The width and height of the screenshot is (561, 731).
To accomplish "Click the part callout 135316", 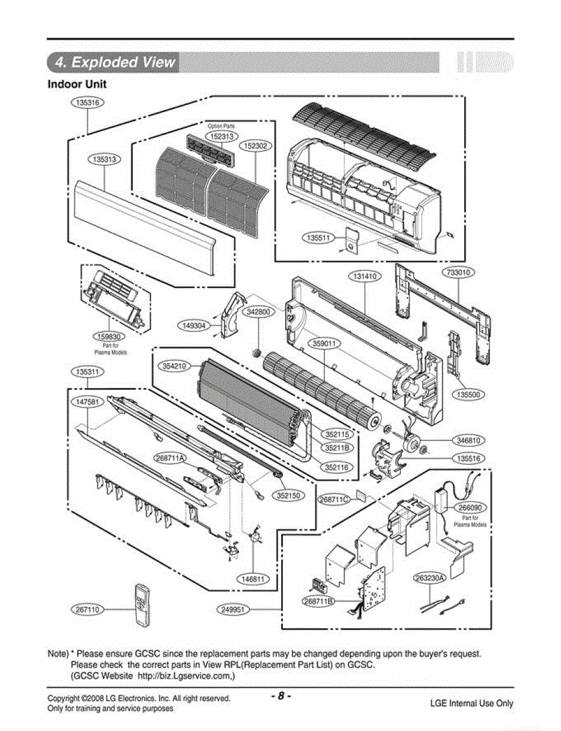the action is pyautogui.click(x=88, y=102).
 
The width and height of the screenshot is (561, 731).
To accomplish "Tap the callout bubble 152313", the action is pyautogui.click(x=221, y=136).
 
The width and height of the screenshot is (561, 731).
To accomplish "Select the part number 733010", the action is pyautogui.click(x=459, y=272).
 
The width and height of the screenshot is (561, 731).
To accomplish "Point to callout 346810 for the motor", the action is pyautogui.click(x=469, y=440).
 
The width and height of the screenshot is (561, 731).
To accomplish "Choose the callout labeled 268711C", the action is pyautogui.click(x=334, y=500).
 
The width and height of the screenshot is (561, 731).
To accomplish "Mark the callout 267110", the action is pyautogui.click(x=88, y=609).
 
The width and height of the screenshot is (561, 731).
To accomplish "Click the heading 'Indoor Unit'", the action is pyautogui.click(x=77, y=84).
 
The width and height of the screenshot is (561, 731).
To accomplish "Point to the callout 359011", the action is pyautogui.click(x=324, y=344).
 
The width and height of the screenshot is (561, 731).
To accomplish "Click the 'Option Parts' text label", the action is pyautogui.click(x=221, y=126).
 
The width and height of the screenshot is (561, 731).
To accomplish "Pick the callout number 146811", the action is pyautogui.click(x=253, y=579).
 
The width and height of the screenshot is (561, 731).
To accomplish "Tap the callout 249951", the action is pyautogui.click(x=234, y=609).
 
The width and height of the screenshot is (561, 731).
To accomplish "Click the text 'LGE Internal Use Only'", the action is pyautogui.click(x=472, y=704).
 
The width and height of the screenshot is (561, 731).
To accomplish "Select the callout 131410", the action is pyautogui.click(x=365, y=277).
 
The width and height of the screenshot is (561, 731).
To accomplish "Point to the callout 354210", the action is pyautogui.click(x=175, y=366).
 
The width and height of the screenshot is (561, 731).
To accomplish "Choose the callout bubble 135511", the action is pyautogui.click(x=319, y=238).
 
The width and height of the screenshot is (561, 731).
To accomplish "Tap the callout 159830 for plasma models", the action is pyautogui.click(x=109, y=336).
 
